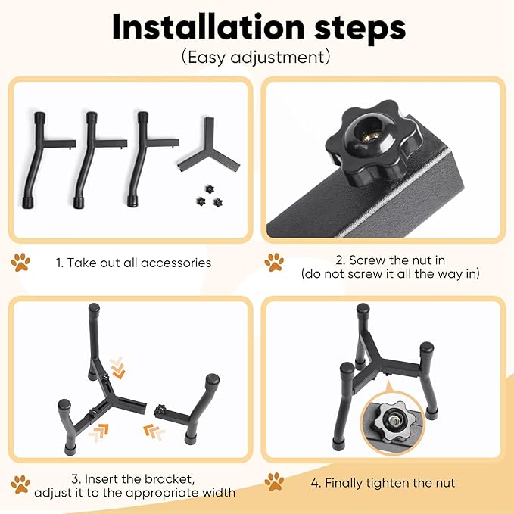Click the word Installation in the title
point(208,27)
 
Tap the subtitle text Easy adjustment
point(256,57)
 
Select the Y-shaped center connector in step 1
point(209,146)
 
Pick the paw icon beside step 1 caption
point(20,262)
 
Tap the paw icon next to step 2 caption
point(274,262)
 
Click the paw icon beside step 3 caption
point(20,484)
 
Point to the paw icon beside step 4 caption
point(274,481)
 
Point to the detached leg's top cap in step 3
point(212,380)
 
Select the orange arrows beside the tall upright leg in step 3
point(117,368)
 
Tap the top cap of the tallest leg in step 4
point(363,309)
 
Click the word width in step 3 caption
point(218,493)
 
